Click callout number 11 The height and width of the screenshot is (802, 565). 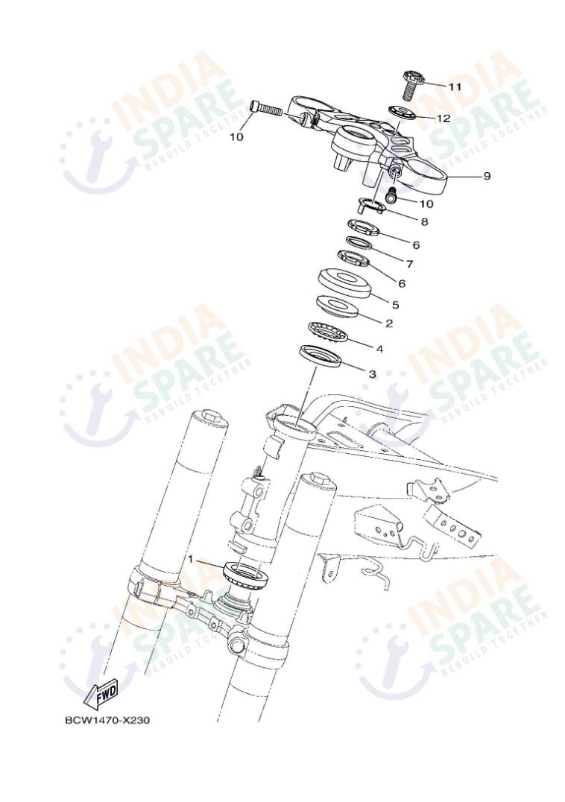[x=455, y=86]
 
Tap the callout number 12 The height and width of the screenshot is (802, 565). [x=444, y=118]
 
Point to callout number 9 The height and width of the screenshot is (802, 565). [x=486, y=176]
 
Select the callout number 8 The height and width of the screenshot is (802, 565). [x=424, y=221]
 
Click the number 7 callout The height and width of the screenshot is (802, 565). [x=408, y=263]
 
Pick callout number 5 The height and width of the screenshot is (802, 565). [x=395, y=304]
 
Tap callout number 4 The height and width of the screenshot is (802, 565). [x=379, y=347]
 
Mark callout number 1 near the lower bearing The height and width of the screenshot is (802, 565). [x=191, y=558]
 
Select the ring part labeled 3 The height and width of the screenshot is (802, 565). [x=321, y=356]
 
